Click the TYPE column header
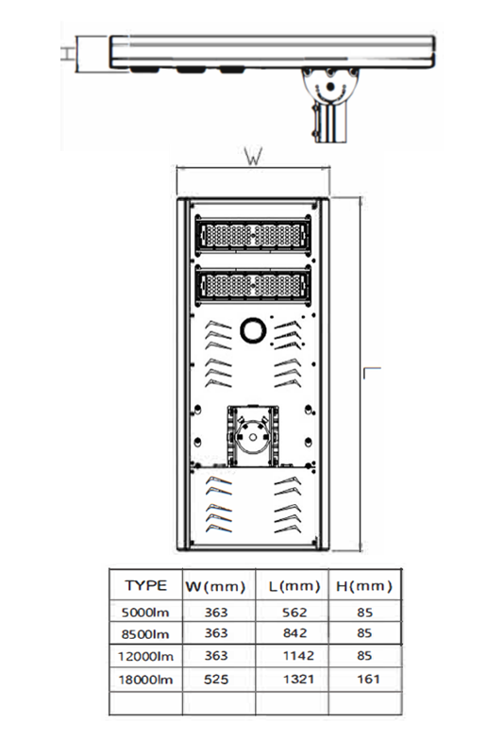pos(145,585)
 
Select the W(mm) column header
pos(215,586)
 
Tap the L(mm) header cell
pos(294,586)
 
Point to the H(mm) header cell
pos(364,586)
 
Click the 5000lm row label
pos(145,613)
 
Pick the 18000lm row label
pos(145,680)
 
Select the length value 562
pos(294,613)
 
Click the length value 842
pos(294,632)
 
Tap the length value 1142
pos(298,655)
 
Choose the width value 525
pos(215,680)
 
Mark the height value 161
pos(368,679)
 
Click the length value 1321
pos(298,679)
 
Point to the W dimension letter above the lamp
pos(254,157)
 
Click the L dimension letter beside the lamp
pos(372,373)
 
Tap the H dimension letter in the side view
pos(69,53)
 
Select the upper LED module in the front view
pos(253,235)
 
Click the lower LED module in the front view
pos(253,286)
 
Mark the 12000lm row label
pos(145,656)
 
